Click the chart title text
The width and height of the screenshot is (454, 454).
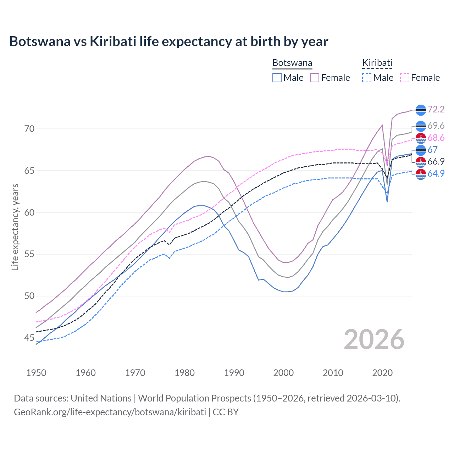(168, 41)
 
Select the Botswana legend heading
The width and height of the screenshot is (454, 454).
(292, 63)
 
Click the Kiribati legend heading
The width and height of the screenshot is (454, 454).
(377, 63)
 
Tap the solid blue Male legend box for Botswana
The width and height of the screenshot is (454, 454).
(277, 78)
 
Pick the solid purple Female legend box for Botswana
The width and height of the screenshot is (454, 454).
(315, 78)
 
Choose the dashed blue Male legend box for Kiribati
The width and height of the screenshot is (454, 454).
(367, 78)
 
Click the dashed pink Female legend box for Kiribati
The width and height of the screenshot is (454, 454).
(405, 78)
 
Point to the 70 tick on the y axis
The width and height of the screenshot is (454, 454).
(29, 129)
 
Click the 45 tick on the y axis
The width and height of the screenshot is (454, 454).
(29, 338)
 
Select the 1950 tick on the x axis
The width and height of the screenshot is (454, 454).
(36, 373)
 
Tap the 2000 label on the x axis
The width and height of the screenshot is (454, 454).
(283, 373)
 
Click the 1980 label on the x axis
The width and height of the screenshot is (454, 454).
(184, 373)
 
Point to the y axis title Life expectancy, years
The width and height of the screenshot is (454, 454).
(15, 227)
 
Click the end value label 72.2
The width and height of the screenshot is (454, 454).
(436, 109)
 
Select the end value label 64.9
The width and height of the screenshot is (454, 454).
(436, 174)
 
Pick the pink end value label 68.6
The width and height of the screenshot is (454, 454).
(436, 138)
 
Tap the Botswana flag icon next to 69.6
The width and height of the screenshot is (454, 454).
(421, 126)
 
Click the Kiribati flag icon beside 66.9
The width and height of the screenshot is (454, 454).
(421, 162)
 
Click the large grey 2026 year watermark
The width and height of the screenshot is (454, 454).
(374, 339)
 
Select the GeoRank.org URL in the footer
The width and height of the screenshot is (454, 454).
(110, 412)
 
